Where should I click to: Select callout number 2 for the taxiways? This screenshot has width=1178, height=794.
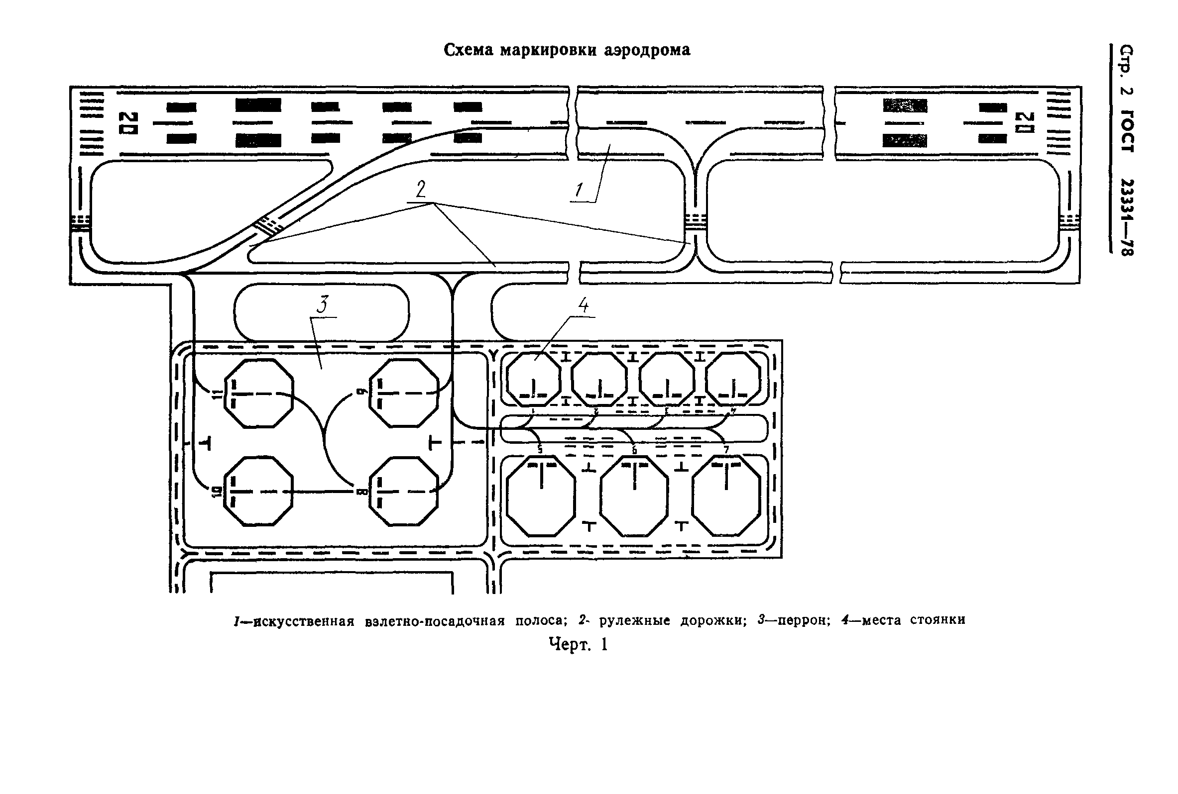[x=421, y=190]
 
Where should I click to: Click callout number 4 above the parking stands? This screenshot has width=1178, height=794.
[x=583, y=305]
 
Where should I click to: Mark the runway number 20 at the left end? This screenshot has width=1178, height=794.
[x=130, y=123]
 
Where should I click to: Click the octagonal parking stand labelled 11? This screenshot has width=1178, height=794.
[x=259, y=394]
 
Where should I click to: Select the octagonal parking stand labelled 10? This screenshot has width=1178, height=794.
[x=259, y=491]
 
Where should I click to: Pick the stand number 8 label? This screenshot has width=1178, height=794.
[x=361, y=492]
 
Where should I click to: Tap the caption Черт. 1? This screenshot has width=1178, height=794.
[x=578, y=645]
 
